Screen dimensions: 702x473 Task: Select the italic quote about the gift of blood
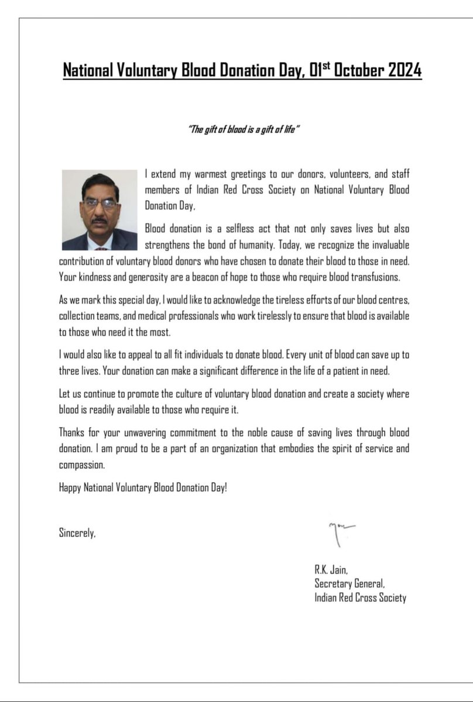[x=244, y=129]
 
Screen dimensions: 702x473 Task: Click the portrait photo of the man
[x=99, y=210]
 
